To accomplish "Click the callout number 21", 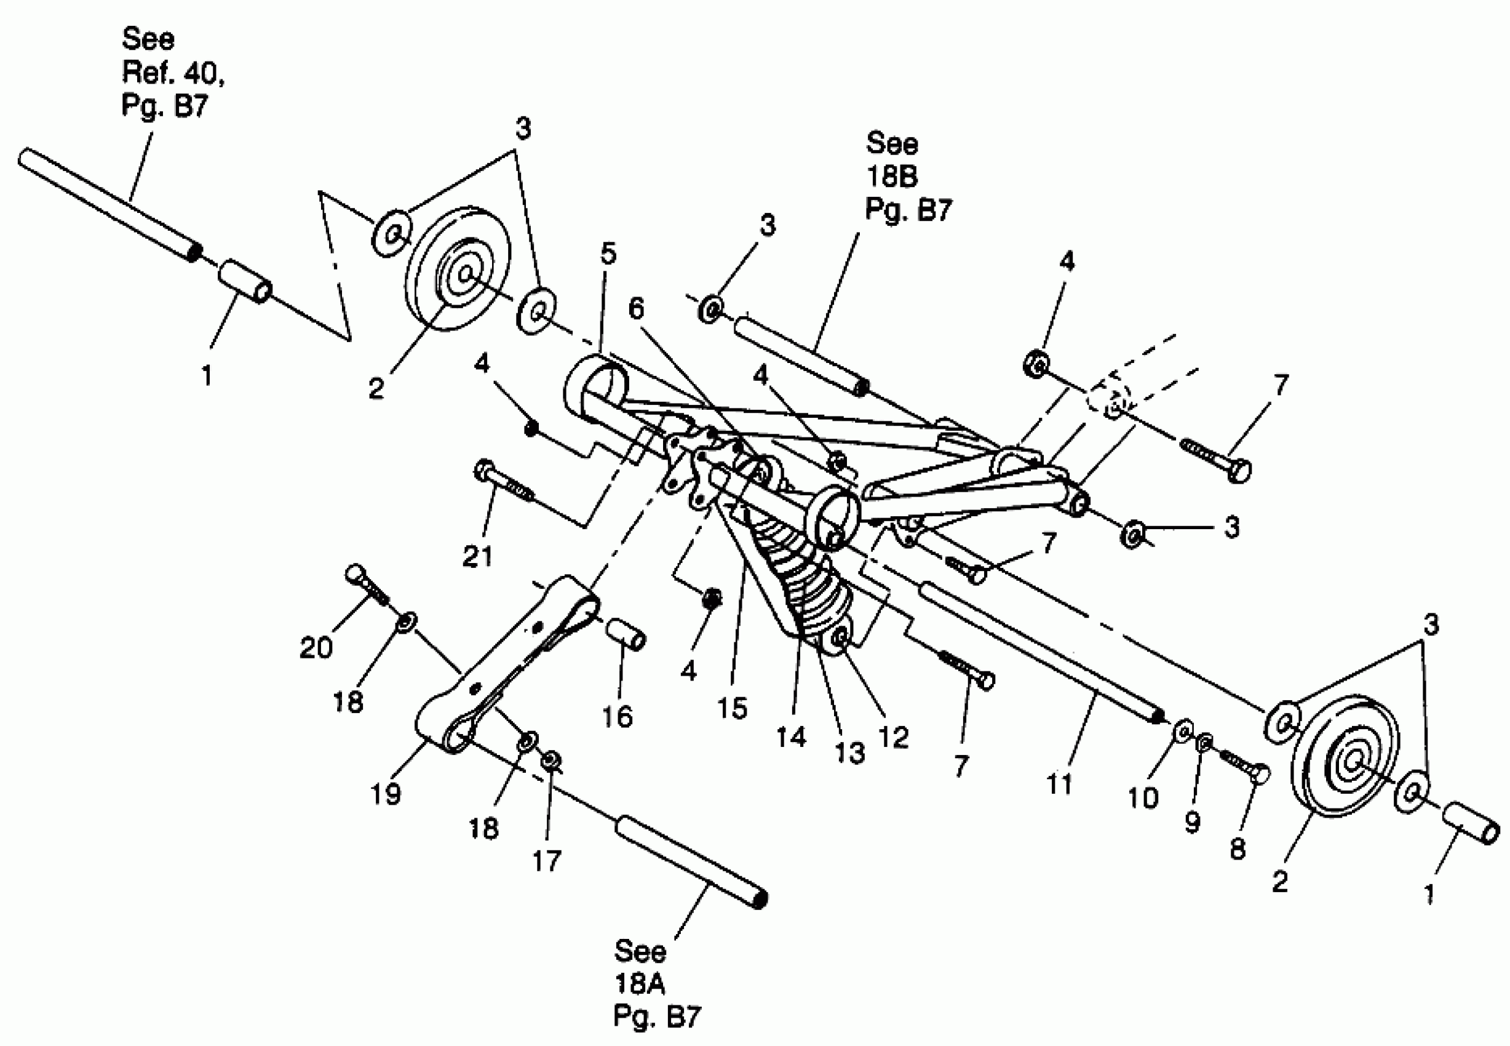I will (477, 557).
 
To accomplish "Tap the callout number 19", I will (385, 794).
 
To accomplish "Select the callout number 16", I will (616, 716).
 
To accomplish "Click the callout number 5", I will (608, 253).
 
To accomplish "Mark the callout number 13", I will (849, 753).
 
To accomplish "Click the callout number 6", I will (636, 308).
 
